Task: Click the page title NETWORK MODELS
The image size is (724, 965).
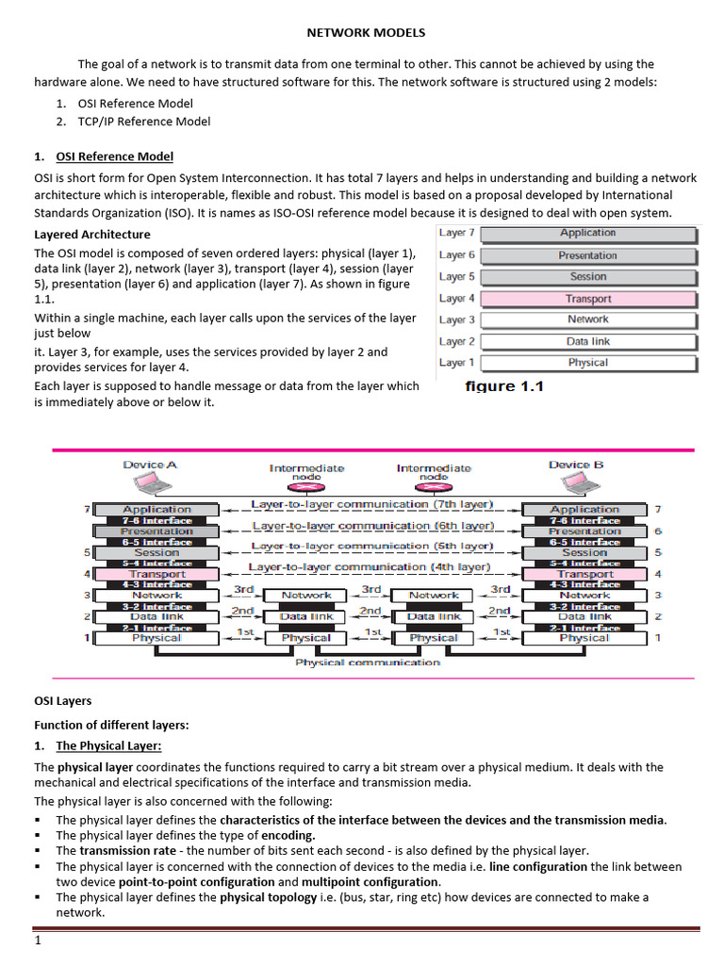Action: (x=368, y=33)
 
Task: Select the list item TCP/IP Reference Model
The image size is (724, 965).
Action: (x=133, y=122)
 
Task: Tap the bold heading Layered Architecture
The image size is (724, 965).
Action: (x=92, y=234)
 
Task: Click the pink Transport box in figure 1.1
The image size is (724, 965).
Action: (x=588, y=299)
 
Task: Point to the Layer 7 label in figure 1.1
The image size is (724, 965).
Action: (x=457, y=233)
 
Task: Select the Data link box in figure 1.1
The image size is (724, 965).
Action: (x=588, y=341)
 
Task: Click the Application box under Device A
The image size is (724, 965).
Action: (x=156, y=510)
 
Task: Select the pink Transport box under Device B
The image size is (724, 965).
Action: (x=584, y=574)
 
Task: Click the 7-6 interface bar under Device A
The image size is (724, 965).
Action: (x=156, y=520)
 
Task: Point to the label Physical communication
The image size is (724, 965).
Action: (x=368, y=662)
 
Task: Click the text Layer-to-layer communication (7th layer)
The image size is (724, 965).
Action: (x=371, y=505)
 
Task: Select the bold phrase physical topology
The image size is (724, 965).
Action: (x=268, y=897)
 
